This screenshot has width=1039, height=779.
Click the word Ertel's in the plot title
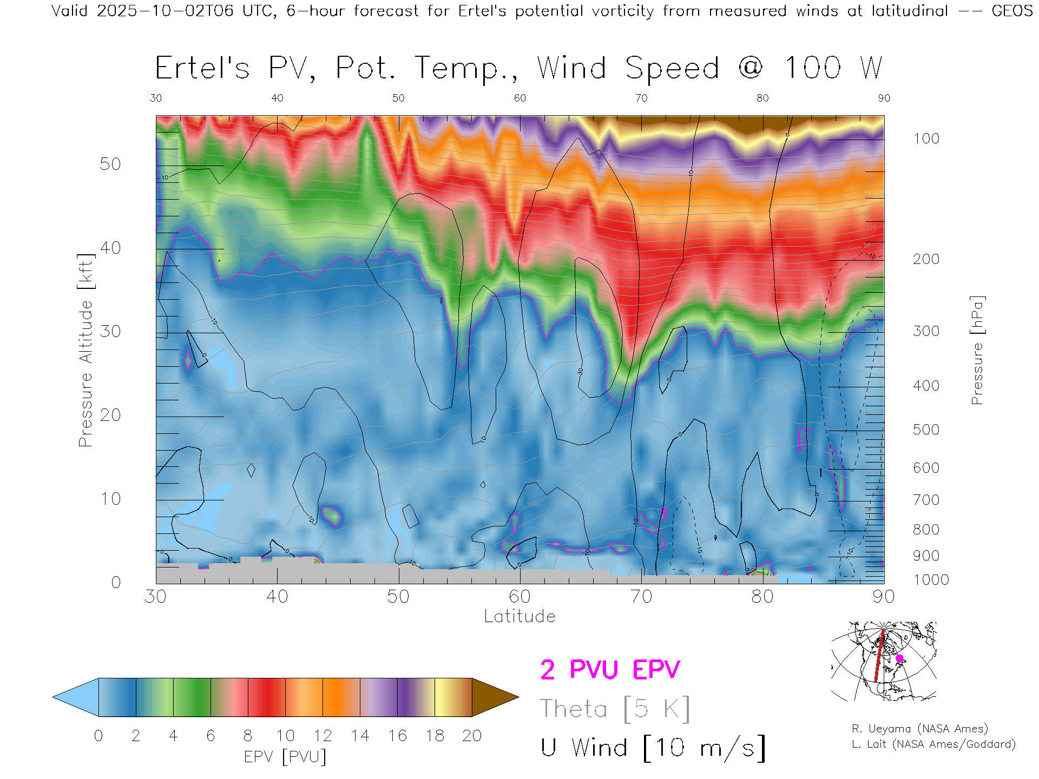pyautogui.click(x=202, y=69)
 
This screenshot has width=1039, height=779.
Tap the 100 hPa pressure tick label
pyautogui.click(x=926, y=138)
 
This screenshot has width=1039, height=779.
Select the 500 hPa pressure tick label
pyautogui.click(x=926, y=430)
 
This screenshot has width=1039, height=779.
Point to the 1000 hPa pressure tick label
pyautogui.click(x=931, y=580)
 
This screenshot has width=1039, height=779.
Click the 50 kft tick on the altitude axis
pyautogui.click(x=110, y=164)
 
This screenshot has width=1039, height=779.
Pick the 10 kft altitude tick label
pyautogui.click(x=110, y=499)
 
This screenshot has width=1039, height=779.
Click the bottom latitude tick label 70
pyautogui.click(x=641, y=597)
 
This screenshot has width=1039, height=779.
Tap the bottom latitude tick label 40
pyautogui.click(x=277, y=597)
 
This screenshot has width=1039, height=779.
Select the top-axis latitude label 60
pyautogui.click(x=519, y=98)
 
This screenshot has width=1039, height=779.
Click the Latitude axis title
pyautogui.click(x=519, y=617)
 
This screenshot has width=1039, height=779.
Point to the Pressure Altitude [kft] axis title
pyautogui.click(x=86, y=350)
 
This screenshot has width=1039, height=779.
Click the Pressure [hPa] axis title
pyautogui.click(x=977, y=350)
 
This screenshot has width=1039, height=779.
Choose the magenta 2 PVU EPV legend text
pyautogui.click(x=610, y=670)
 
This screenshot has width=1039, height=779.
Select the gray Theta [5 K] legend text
pyautogui.click(x=615, y=709)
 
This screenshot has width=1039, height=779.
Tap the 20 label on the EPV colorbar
pyautogui.click(x=472, y=736)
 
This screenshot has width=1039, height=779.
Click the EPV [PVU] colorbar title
pyautogui.click(x=285, y=756)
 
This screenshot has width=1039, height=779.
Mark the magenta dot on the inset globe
pyautogui.click(x=899, y=658)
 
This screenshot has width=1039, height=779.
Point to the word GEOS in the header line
pyautogui.click(x=1012, y=11)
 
